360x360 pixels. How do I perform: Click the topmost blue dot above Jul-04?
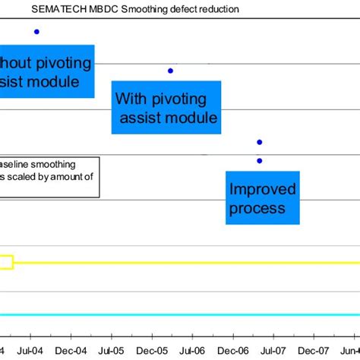pos(36,31)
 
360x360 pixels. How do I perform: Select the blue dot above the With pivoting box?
pos(170,71)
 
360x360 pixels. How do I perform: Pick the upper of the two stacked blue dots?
pos(260,142)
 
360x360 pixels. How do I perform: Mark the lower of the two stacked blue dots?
pos(260,160)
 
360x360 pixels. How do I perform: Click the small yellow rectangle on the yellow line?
pos(6,262)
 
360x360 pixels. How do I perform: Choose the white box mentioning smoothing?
pos(49,177)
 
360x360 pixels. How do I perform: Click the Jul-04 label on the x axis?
pos(30,350)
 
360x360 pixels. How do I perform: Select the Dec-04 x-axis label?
pos(71,350)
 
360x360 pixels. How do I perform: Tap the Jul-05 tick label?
pos(112,350)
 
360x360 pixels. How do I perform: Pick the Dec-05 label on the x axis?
pos(153,350)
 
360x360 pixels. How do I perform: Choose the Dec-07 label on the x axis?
pos(314,350)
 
